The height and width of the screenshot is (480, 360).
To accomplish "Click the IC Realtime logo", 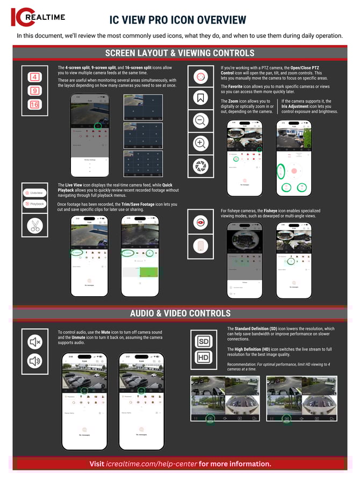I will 38,17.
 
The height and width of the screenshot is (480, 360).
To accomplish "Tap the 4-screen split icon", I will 34,77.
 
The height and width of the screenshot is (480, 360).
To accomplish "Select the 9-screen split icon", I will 34,91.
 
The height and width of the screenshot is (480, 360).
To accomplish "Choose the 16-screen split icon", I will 34,104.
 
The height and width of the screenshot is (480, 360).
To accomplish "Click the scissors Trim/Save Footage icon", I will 35,226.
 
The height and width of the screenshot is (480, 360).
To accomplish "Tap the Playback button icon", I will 35,204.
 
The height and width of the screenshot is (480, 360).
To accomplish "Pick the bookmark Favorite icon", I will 200,98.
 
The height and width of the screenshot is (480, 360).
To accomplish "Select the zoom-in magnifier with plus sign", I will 200,142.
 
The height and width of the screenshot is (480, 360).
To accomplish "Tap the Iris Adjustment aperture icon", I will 200,165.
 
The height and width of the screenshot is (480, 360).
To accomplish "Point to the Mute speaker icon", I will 35,342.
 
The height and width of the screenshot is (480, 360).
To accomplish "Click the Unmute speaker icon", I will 35,361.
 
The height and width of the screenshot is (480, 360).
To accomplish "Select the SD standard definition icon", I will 204,342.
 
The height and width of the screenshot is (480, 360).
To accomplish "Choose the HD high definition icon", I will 204,358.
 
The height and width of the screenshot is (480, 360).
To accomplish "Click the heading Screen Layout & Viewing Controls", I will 179,53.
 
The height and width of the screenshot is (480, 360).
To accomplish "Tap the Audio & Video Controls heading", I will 179,313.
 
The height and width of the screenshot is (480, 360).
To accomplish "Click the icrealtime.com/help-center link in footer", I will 152,464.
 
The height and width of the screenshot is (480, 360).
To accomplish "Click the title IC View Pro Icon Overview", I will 178,20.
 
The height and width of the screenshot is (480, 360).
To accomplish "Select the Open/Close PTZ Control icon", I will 200,76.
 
